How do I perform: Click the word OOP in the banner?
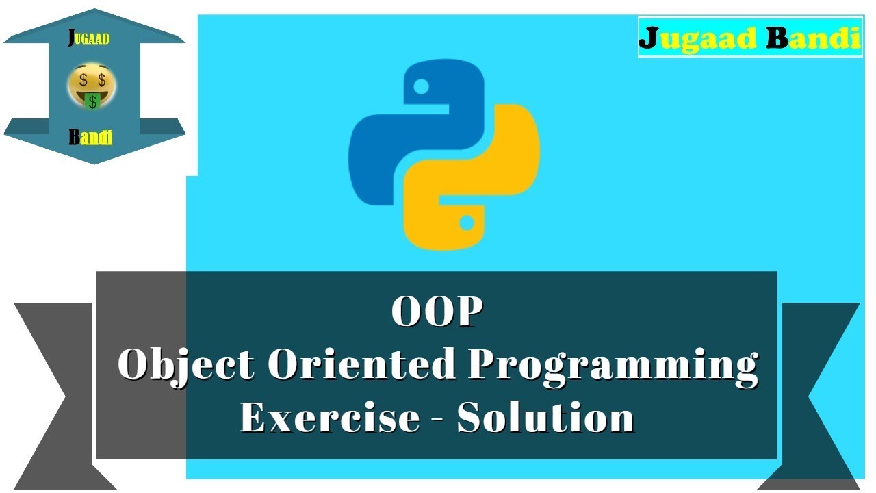437,312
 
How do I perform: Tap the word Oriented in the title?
361,364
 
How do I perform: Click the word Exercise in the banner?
329,417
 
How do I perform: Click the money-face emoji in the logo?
92,86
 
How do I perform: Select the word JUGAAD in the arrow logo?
90,38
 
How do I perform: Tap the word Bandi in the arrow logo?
90,137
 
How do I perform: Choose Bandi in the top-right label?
812,38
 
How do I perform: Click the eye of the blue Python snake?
422,86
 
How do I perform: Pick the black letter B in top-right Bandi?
778,38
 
